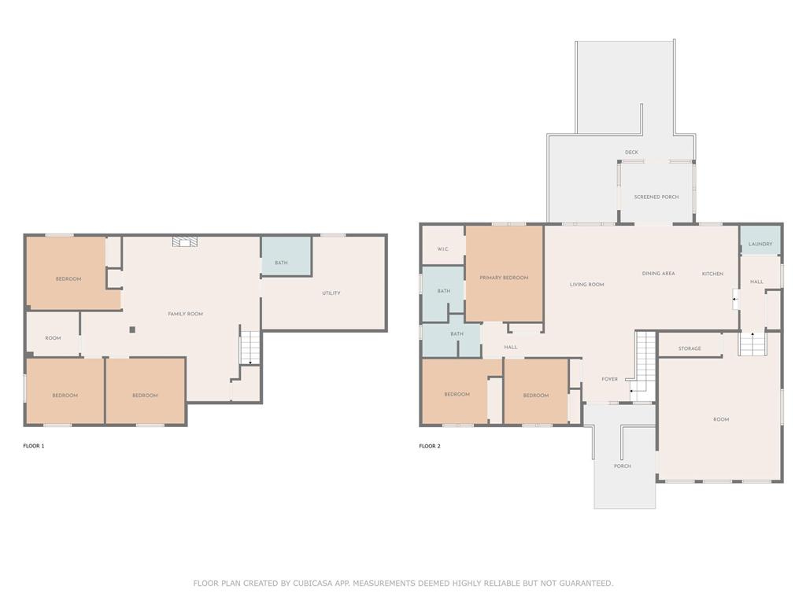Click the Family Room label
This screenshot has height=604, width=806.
(186, 314)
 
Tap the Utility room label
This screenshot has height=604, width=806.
(331, 293)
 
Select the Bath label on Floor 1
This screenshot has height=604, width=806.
(281, 263)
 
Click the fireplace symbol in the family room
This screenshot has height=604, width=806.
(185, 242)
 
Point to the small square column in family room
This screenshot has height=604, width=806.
(132, 330)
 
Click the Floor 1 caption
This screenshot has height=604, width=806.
(34, 446)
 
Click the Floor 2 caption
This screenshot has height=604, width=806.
(430, 446)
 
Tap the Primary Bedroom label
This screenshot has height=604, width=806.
(504, 278)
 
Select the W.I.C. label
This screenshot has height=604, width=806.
(443, 249)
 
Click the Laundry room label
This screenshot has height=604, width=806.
(760, 244)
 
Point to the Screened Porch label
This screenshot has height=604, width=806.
(656, 197)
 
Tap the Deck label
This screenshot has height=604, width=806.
(632, 153)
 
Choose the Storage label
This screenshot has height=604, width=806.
(690, 348)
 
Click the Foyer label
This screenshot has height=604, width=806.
(610, 379)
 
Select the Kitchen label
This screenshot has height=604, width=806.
(712, 274)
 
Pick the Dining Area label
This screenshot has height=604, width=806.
(659, 273)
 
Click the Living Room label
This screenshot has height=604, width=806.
(587, 285)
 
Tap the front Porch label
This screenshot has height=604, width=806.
(623, 466)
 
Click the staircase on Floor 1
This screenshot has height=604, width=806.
(250, 348)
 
